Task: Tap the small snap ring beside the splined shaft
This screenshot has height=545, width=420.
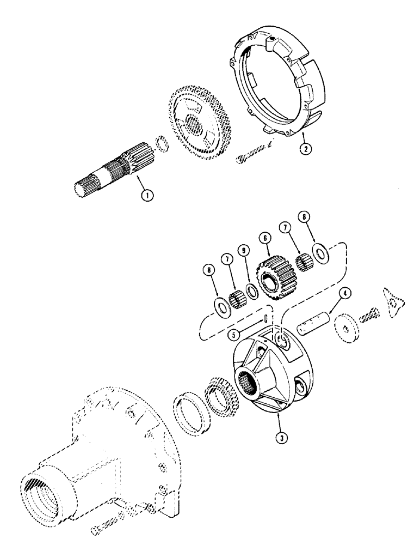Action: click(160, 144)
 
